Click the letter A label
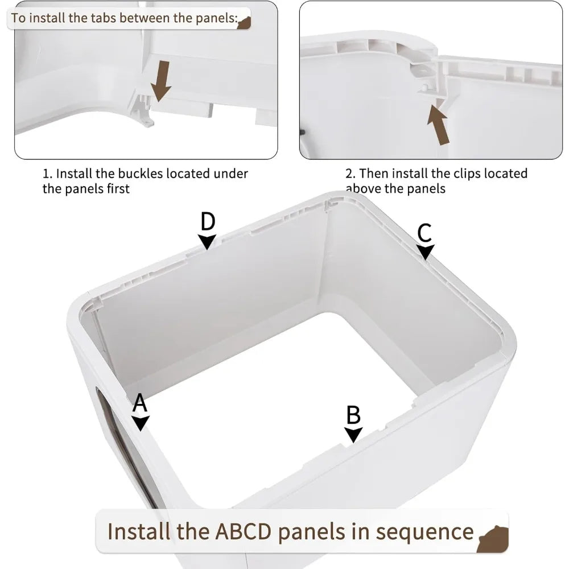[140, 403]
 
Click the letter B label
[353, 415]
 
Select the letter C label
[424, 233]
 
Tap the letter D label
[208, 221]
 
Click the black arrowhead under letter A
[141, 423]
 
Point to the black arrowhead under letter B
[353, 435]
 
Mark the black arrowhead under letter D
[208, 241]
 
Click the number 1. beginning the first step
[48, 174]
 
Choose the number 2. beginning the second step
[351, 173]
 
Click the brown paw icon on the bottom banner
[492, 537]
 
